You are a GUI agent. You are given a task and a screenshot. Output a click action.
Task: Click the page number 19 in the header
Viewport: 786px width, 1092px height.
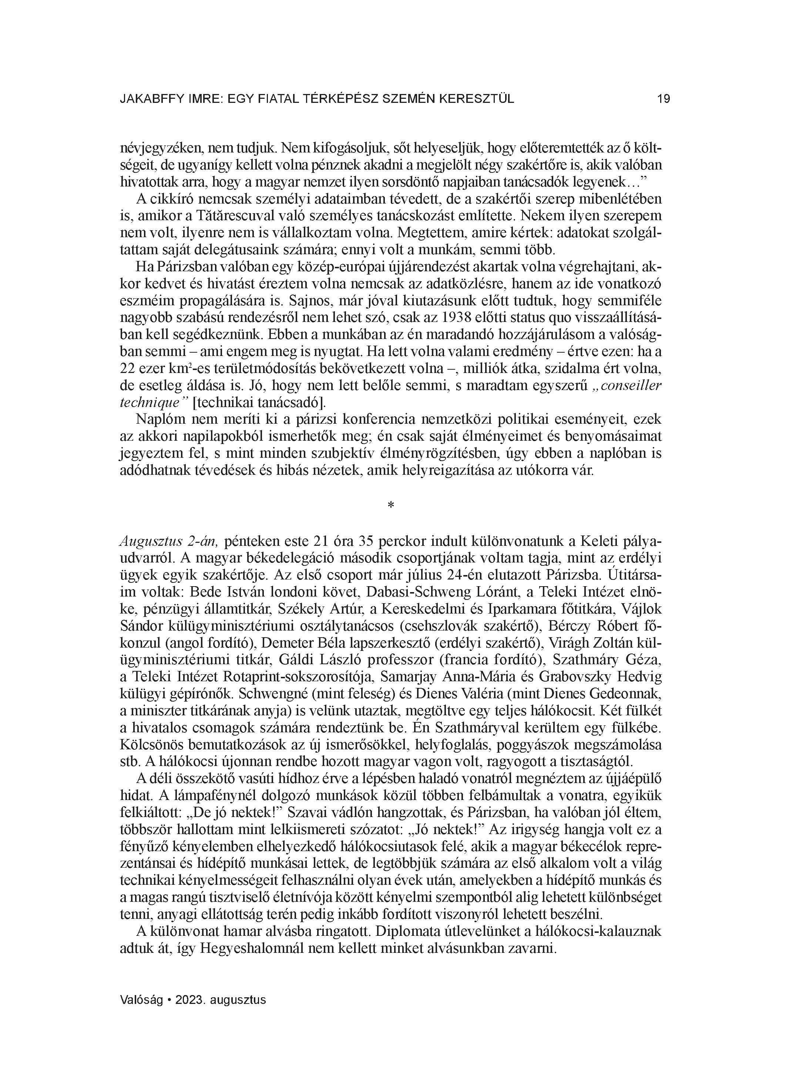point(663,99)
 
